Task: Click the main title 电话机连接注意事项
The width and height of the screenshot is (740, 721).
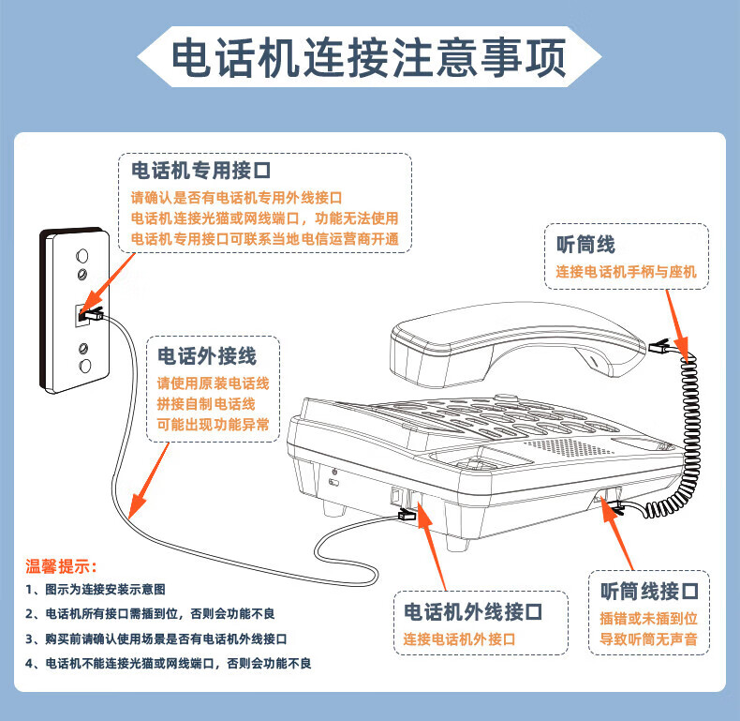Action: point(368,57)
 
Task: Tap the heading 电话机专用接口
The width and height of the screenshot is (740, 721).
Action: point(201,171)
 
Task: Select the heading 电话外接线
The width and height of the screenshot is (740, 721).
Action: point(207,355)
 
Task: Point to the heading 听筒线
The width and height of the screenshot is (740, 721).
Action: point(585,245)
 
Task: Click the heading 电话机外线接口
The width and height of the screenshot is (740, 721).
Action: point(473,612)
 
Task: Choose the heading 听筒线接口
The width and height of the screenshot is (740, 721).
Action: point(649,591)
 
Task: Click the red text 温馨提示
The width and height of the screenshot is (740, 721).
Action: point(61,566)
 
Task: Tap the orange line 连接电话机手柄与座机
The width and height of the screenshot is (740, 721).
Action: point(627,272)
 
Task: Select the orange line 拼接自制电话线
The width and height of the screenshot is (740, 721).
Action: point(206,404)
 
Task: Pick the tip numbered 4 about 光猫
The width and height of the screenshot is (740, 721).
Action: point(169,664)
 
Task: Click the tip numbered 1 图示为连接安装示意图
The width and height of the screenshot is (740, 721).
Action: point(96,589)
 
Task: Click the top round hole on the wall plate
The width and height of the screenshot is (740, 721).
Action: point(82,256)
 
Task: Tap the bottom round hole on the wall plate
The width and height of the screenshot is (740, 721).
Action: point(85,366)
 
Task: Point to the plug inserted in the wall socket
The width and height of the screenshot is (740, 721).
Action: point(92,314)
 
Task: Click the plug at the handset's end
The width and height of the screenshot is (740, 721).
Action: point(659,347)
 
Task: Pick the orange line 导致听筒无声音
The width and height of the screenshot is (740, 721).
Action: point(649,639)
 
